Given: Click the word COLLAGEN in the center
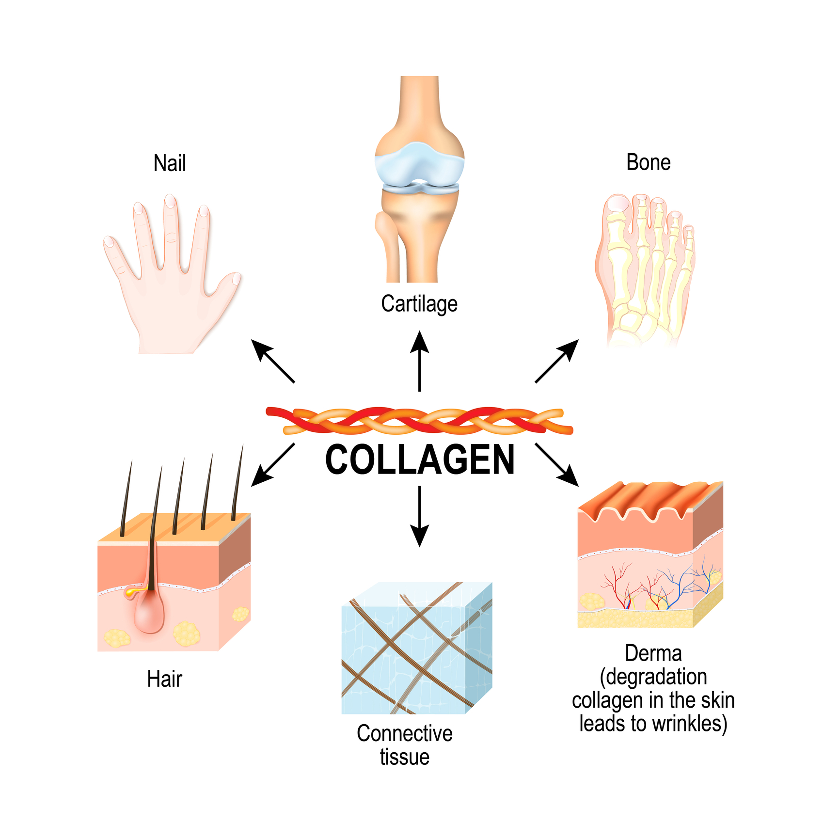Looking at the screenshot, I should coord(420,460).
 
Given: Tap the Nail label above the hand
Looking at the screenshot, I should coord(170,163).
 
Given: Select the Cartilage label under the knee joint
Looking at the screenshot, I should coord(419,304).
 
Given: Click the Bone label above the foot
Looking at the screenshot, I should coord(648,162).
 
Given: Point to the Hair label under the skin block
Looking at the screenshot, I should coord(164,679).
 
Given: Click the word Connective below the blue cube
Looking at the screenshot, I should coord(405,733).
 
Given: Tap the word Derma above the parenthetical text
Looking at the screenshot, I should coord(653,653).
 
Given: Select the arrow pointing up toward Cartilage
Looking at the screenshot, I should coord(420,361).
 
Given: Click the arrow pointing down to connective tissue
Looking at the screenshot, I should coord(420,517).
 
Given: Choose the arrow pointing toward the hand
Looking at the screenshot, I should coord(272,361).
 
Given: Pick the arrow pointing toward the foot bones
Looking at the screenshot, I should coord(557,361).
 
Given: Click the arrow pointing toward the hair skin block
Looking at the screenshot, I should coord(272,465).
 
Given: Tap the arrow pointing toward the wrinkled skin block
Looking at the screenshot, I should coord(557,465).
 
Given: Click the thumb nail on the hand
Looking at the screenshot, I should coord(236,279).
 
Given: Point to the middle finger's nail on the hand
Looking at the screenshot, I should coord(170,201).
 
